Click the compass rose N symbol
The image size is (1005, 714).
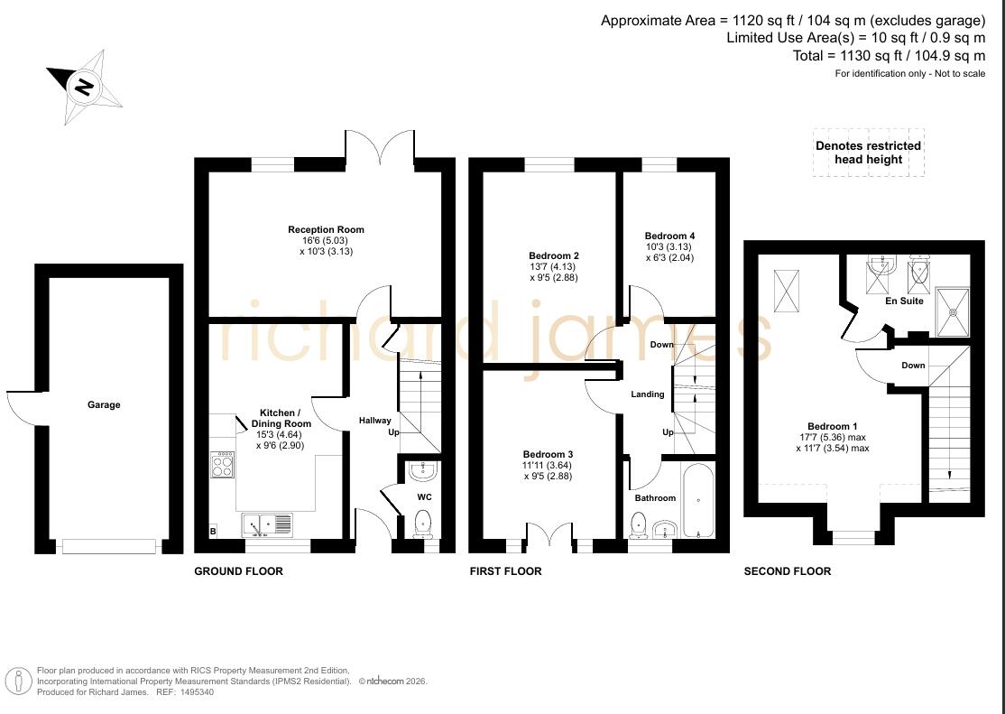click(84, 86)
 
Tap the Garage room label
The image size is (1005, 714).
click(104, 404)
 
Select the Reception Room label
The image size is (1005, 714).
click(326, 229)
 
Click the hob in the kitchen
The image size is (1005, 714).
click(223, 465)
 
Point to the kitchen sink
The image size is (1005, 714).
click(267, 524)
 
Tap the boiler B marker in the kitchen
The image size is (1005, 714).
click(214, 531)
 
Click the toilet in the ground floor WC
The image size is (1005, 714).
click(424, 523)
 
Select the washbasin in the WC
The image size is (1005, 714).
click(423, 471)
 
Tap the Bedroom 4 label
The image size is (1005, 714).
click(669, 236)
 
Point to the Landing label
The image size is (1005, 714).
click(648, 394)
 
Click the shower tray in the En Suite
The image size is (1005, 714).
click(953, 311)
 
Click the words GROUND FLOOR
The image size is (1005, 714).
click(238, 571)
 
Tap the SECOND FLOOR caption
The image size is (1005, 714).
click(787, 571)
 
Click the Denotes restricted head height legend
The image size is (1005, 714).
click(869, 153)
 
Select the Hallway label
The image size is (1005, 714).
click(375, 421)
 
